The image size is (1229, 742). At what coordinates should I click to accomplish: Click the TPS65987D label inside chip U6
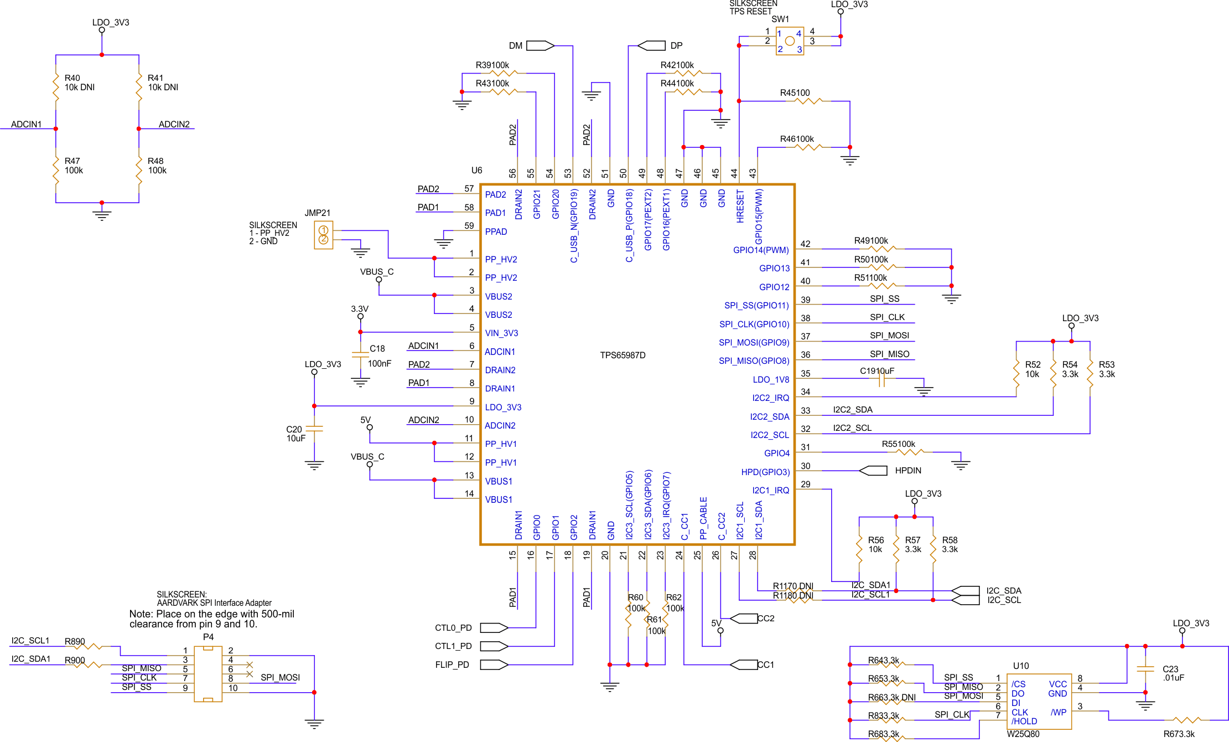point(623,355)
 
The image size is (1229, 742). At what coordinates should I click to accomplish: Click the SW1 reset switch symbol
point(789,41)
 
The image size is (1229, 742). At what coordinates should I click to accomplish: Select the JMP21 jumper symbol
point(324,235)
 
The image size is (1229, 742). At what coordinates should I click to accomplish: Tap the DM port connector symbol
point(540,45)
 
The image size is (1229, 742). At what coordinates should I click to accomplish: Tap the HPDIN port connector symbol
point(873,471)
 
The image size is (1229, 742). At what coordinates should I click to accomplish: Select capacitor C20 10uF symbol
point(314,429)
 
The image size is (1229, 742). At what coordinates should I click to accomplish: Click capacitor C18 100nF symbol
point(360,354)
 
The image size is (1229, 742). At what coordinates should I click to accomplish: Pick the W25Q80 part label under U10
point(1023,734)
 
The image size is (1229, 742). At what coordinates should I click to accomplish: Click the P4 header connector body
point(208,674)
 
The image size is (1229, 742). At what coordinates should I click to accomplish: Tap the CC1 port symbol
point(744,664)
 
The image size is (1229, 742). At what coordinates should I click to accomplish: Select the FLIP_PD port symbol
point(494,664)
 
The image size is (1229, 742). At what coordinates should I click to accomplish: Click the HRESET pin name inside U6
point(740,207)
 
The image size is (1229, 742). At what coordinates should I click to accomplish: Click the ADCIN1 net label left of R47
point(26,124)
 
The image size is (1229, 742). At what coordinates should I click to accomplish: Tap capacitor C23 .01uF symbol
point(1145,669)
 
